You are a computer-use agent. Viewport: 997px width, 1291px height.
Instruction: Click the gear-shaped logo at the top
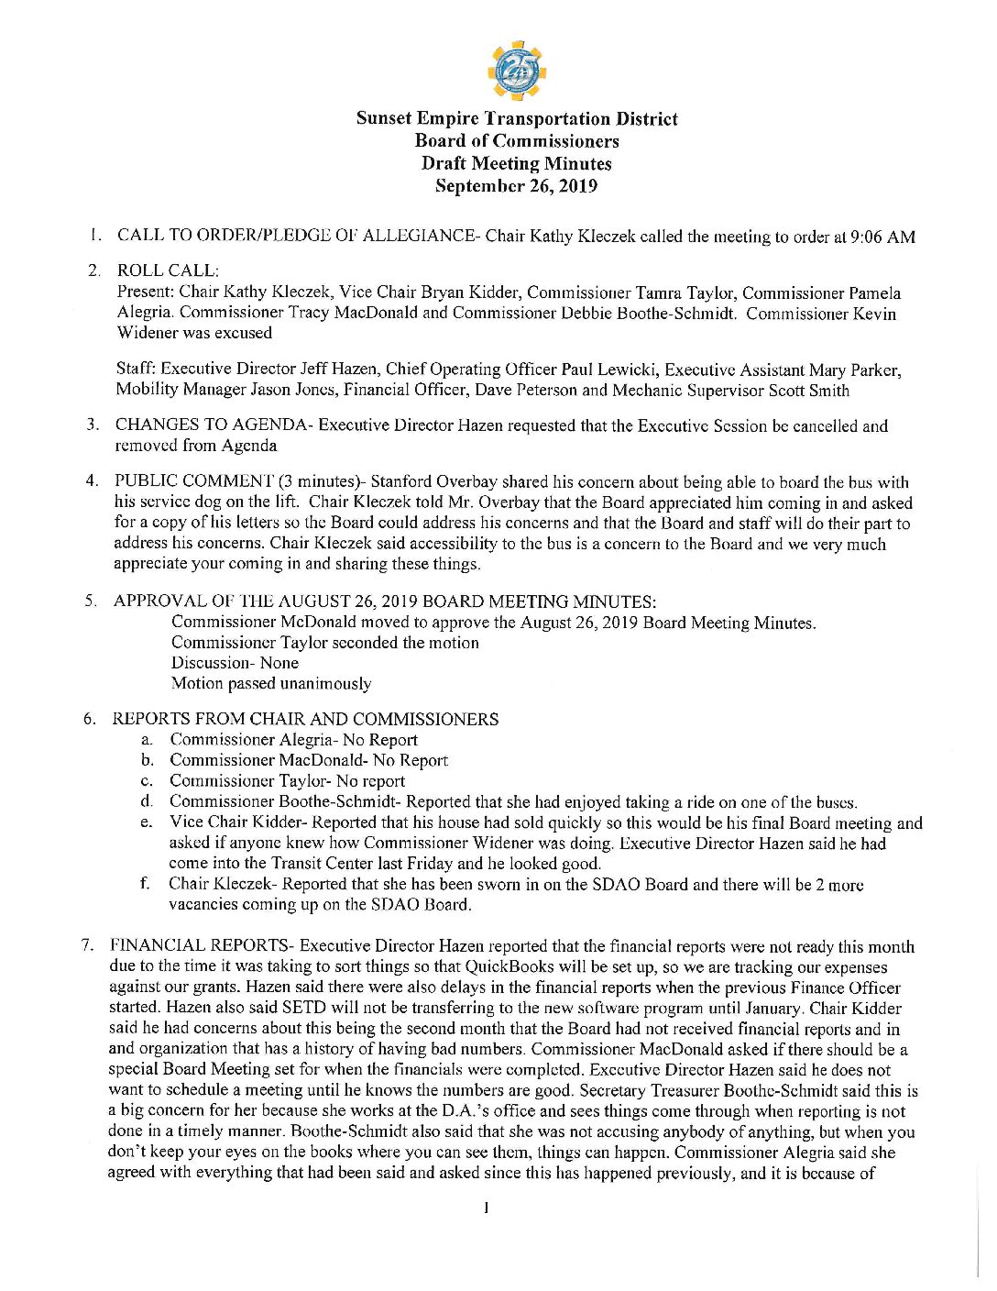[517, 70]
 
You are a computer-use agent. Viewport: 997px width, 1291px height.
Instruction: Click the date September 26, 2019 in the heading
[516, 186]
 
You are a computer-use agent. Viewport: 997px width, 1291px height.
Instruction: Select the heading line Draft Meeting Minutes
[516, 163]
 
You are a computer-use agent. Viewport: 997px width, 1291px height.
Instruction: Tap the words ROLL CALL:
[168, 271]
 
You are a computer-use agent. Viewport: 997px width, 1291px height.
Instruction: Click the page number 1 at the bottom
[486, 1208]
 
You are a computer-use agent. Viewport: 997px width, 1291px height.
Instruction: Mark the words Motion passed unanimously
[271, 684]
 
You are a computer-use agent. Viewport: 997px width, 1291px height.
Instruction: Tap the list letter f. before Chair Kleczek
[145, 884]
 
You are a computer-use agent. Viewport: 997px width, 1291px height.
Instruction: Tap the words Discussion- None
[235, 663]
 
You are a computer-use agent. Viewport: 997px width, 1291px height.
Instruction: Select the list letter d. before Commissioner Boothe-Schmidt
[147, 802]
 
